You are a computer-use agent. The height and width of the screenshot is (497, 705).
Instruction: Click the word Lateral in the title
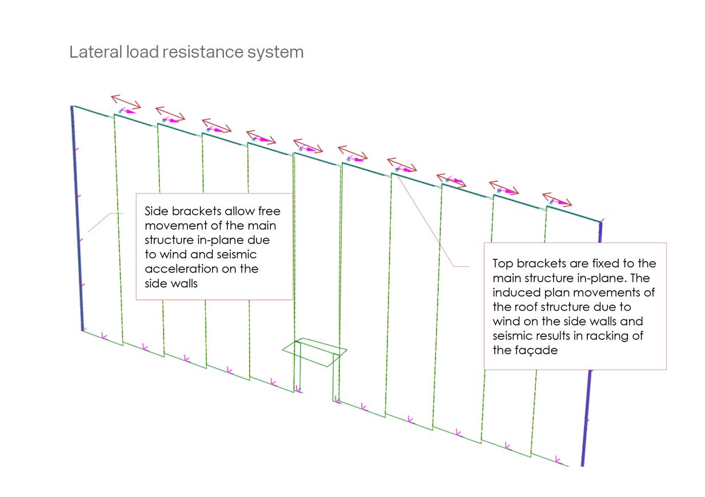point(95,52)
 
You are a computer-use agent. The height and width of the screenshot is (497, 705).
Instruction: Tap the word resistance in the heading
point(203,52)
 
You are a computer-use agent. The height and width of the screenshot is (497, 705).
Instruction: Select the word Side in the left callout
point(157,211)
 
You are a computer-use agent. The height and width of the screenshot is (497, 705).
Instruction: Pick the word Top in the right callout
point(503,264)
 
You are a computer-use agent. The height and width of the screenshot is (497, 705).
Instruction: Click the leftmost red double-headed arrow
point(126,101)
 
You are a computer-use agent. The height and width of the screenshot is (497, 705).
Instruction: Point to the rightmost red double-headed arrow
point(557,199)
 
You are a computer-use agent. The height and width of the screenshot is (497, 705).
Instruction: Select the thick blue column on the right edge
point(592,344)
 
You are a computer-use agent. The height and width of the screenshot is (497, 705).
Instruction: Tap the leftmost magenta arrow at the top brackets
point(127,111)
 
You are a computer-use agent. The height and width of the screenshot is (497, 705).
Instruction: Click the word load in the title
point(142,52)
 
